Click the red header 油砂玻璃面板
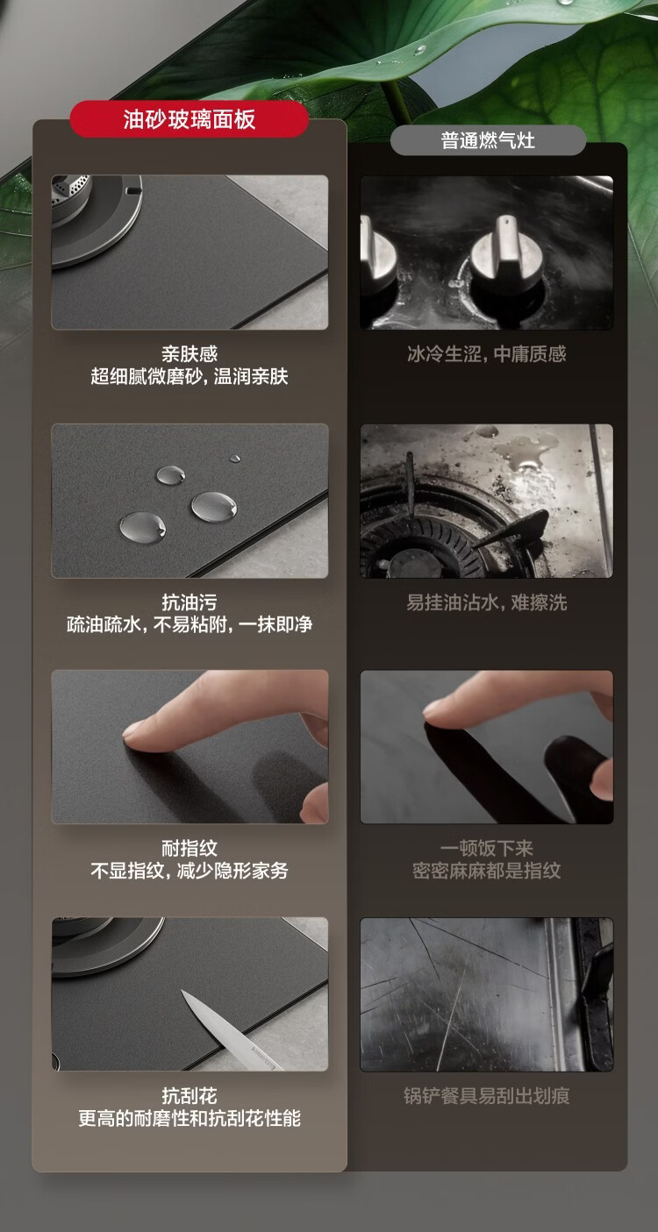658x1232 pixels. [189, 119]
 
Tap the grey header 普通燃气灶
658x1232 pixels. [488, 140]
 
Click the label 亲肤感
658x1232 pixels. [190, 353]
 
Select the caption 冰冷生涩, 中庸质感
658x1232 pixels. [486, 353]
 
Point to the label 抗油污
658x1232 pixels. [190, 602]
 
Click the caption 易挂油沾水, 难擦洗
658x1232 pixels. [486, 602]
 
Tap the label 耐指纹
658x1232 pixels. [190, 848]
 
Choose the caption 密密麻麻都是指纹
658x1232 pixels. [486, 871]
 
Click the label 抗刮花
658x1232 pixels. [190, 1095]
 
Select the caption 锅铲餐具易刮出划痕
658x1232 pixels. [486, 1095]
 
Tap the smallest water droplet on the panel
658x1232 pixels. [235, 458]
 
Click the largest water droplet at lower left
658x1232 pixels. [142, 526]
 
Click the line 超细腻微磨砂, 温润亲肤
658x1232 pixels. [190, 377]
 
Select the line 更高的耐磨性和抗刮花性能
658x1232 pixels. [190, 1118]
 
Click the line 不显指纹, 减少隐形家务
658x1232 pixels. [190, 871]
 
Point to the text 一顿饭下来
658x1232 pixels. [486, 848]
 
